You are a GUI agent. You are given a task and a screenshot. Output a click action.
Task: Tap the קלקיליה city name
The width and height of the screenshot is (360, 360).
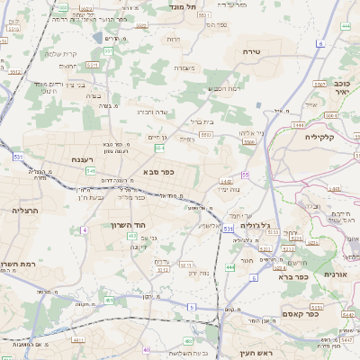(319, 137)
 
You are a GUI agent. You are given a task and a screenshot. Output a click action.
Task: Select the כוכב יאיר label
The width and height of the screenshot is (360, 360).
(340, 87)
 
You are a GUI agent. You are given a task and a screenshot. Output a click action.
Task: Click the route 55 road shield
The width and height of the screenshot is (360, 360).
(245, 175)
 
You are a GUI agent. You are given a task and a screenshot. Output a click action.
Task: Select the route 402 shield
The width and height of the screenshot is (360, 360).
(132, 236)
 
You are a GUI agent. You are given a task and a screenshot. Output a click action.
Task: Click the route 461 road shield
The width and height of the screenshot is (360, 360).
(109, 300)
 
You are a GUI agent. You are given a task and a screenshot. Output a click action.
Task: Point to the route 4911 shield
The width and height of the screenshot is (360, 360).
(78, 339)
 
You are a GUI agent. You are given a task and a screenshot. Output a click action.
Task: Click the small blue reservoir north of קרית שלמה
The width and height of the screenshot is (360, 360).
(97, 38)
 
